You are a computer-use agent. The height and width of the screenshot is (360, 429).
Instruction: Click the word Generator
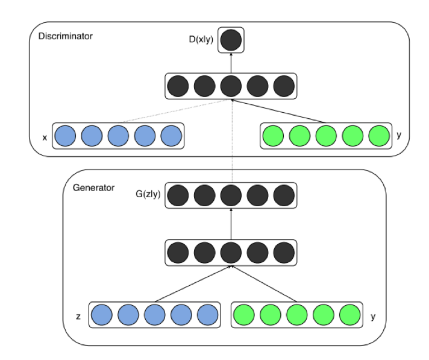tap(93, 188)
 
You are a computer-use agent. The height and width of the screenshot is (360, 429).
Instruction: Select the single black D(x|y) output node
tap(231, 40)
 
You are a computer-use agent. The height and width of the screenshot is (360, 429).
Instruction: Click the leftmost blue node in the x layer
tap(65, 136)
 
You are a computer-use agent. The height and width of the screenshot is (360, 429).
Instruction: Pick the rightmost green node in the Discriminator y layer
tap(380, 136)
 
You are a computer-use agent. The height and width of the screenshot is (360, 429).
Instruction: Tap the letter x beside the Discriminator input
tap(45, 137)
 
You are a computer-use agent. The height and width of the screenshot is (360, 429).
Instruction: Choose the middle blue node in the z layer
tap(154, 315)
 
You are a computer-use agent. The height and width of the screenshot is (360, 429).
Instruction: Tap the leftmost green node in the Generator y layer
tap(245, 315)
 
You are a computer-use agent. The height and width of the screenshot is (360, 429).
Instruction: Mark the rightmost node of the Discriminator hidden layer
tap(283, 86)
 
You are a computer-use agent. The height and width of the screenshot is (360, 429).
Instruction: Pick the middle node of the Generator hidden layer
tap(231, 253)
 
